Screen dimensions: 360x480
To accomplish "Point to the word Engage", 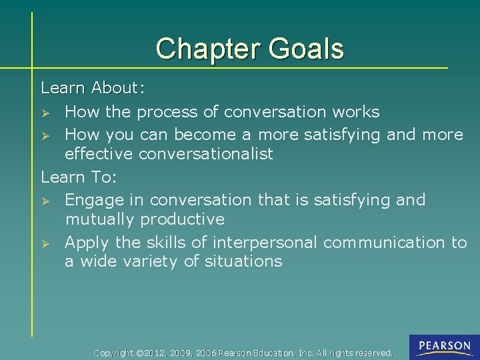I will (x=95, y=200).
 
